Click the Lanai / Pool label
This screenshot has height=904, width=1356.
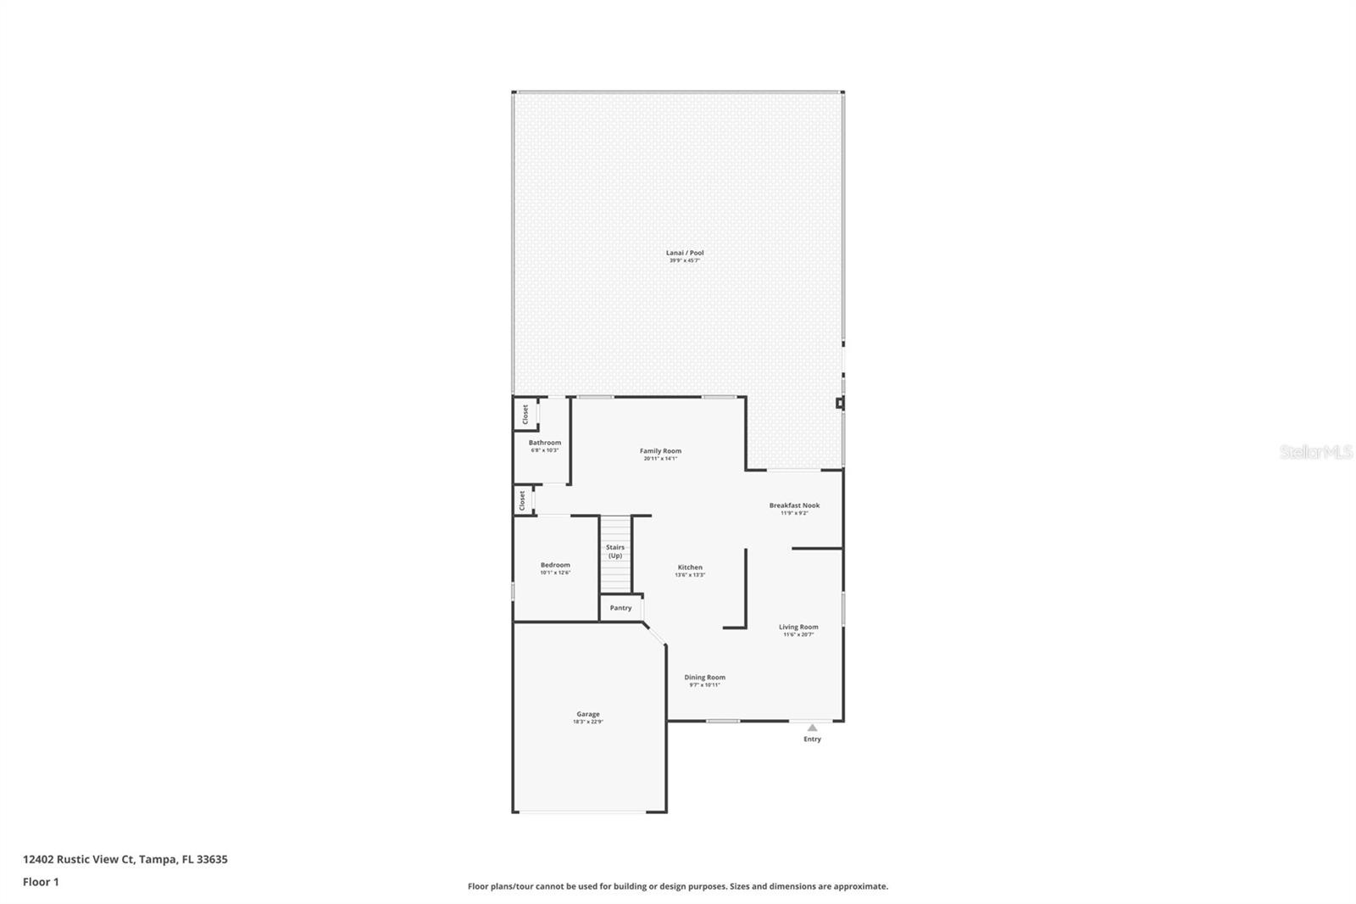tap(685, 253)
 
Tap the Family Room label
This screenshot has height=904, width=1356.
tap(660, 451)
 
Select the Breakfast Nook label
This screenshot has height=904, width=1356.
tap(794, 505)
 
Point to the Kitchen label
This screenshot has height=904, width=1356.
tap(690, 567)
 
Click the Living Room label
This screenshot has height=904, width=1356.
tap(798, 628)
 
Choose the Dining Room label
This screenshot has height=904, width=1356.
tap(704, 678)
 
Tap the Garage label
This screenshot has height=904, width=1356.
tap(588, 714)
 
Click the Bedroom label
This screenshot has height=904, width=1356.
tap(555, 565)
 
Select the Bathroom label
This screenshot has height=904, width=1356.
tap(545, 443)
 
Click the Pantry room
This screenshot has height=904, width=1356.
tap(620, 608)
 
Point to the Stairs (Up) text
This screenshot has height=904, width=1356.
tap(615, 551)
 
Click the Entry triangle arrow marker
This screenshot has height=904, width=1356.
tap(812, 727)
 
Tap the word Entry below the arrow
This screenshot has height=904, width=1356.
tap(812, 739)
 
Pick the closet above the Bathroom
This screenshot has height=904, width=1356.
tap(525, 414)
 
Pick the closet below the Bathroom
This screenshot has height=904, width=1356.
tap(522, 500)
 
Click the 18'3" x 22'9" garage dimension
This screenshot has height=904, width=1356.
tap(588, 722)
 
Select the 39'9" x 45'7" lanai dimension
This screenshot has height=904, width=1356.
tap(685, 260)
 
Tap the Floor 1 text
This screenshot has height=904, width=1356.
tap(41, 882)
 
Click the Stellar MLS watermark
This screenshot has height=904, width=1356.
tap(1315, 453)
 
